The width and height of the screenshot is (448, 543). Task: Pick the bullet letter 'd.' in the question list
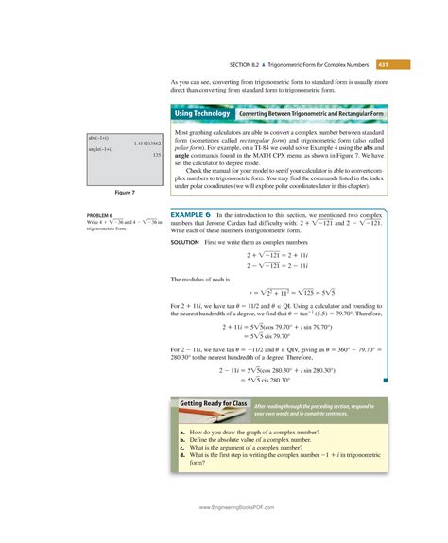coord(181,455)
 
